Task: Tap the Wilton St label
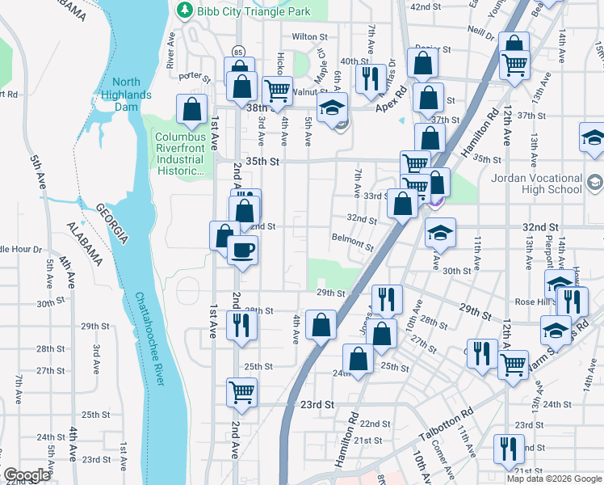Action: pyautogui.click(x=309, y=36)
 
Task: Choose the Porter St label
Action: pyautogui.click(x=194, y=78)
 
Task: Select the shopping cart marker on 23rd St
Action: pyautogui.click(x=241, y=393)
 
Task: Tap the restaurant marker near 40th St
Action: pyautogui.click(x=371, y=78)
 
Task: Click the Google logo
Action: pyautogui.click(x=27, y=475)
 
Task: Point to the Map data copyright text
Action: pyautogui.click(x=554, y=479)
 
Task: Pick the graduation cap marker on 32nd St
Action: pyautogui.click(x=440, y=233)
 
